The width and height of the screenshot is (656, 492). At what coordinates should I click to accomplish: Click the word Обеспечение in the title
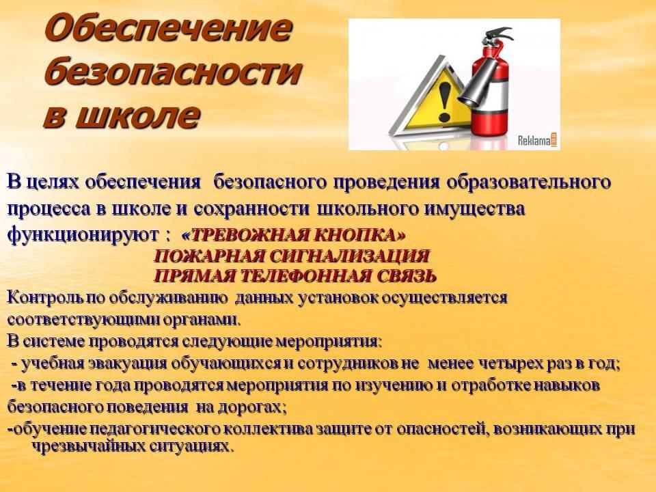167,29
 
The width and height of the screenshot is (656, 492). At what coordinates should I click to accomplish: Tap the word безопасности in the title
172,71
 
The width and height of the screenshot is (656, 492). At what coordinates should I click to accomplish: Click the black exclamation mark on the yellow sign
445,102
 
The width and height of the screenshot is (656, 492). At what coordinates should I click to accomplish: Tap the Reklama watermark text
537,141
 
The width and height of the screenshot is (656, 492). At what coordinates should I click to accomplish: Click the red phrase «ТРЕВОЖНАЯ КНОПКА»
294,235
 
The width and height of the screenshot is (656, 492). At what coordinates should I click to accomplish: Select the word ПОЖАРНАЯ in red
210,256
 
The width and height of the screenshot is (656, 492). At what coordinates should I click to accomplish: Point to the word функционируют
83,235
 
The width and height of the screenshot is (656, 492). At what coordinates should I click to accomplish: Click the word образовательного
529,183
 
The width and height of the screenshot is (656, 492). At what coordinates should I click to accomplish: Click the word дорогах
253,407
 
